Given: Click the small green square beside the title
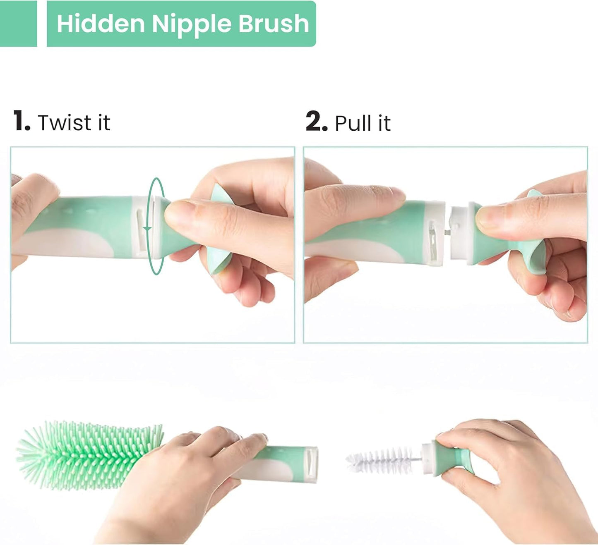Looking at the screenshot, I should coord(18,24).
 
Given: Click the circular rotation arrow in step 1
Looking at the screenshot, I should coord(156,226).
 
